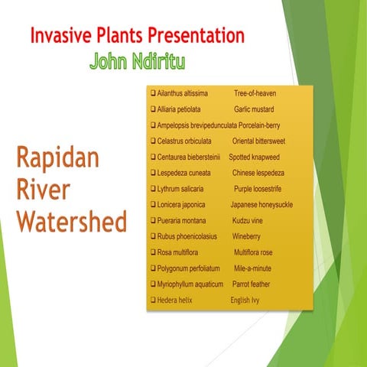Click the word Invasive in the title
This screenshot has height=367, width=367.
coord(62,36)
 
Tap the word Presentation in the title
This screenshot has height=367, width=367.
coord(196,36)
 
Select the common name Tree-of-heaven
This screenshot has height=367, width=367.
coord(255,93)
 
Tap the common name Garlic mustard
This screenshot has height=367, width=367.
coord(254,109)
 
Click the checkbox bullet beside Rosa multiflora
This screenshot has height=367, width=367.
coord(153,252)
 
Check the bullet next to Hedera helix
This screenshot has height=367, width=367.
coord(153,300)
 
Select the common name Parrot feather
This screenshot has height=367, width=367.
coord(251,284)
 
